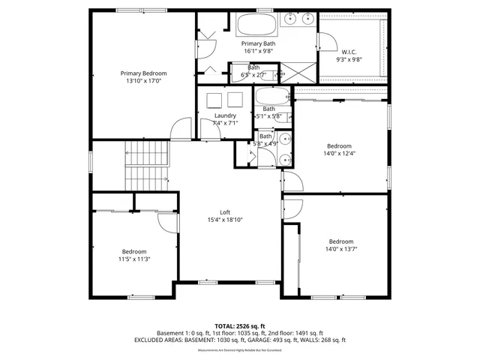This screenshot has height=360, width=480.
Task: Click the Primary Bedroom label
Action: pyautogui.click(x=144, y=73)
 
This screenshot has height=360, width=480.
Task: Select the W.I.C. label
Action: pyautogui.click(x=349, y=52)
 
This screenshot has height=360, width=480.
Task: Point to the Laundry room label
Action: pyautogui.click(x=225, y=115)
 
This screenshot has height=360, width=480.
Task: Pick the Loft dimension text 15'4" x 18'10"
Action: pyautogui.click(x=224, y=220)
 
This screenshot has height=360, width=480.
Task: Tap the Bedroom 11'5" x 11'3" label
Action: pyautogui.click(x=134, y=251)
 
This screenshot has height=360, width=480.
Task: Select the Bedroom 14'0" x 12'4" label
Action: pyautogui.click(x=340, y=145)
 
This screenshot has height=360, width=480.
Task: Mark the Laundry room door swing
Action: pyautogui.click(x=208, y=130)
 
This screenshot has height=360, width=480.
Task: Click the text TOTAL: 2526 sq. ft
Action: pyautogui.click(x=239, y=326)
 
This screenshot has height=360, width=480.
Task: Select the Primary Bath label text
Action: pyautogui.click(x=259, y=44)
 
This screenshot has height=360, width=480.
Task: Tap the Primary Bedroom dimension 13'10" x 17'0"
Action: pyautogui.click(x=144, y=82)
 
